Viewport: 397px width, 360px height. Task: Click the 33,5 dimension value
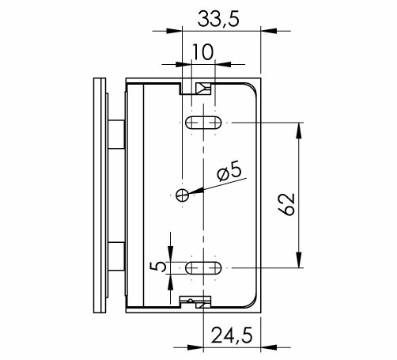click(x=218, y=19)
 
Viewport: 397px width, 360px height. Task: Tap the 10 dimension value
click(x=202, y=52)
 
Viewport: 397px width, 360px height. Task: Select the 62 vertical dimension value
click(x=286, y=204)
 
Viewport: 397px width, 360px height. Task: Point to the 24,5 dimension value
click(x=232, y=335)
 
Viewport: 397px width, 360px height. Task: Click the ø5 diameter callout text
click(x=229, y=173)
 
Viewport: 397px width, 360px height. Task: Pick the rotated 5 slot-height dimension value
click(x=158, y=267)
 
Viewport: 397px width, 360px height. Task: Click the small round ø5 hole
click(x=183, y=195)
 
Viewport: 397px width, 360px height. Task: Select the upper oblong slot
click(x=203, y=123)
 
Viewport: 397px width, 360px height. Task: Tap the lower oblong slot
click(x=203, y=268)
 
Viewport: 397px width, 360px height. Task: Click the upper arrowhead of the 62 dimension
click(x=299, y=131)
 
